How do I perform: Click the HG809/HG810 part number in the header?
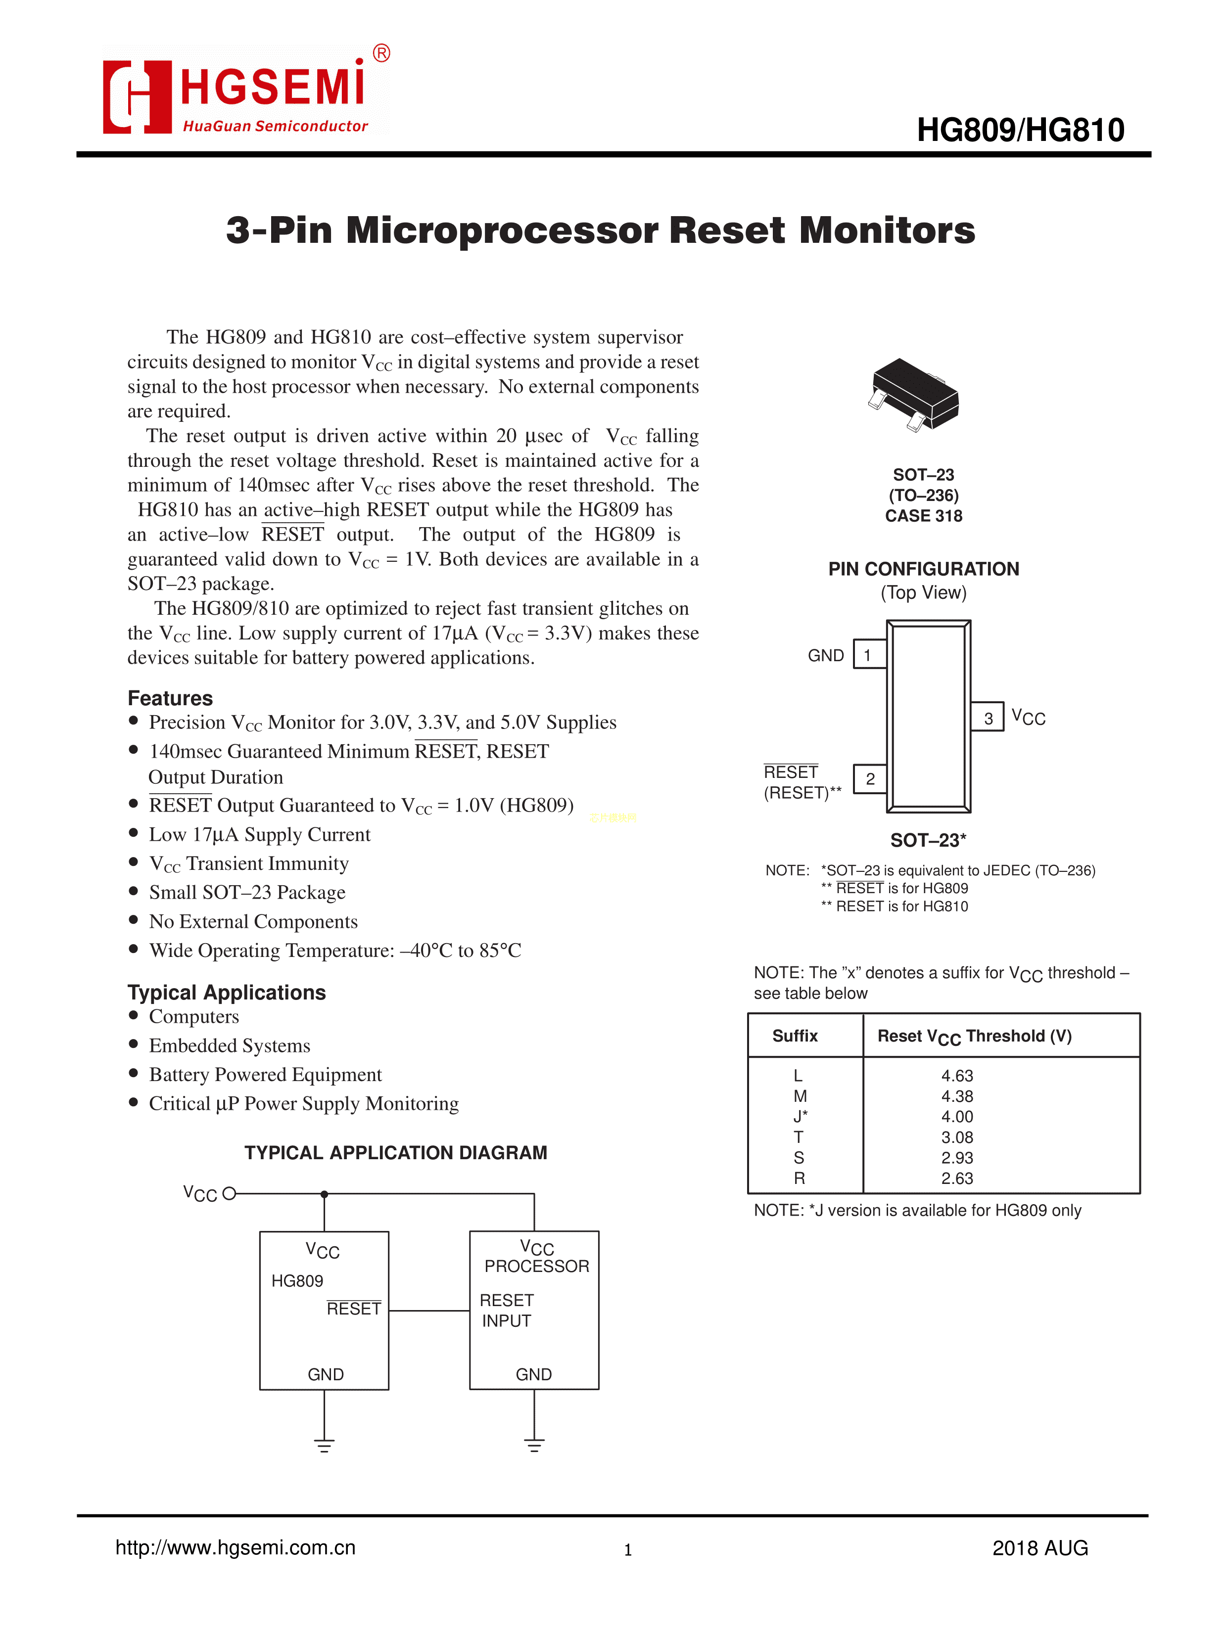[x=1020, y=131]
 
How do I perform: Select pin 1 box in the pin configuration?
[x=869, y=654]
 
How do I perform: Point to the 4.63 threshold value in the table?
[x=957, y=1076]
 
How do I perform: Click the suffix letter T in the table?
[x=798, y=1137]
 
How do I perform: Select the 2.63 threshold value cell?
[x=957, y=1179]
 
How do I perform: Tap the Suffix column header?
[x=795, y=1036]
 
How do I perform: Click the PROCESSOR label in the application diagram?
[x=537, y=1266]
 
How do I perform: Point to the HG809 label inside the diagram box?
[x=297, y=1281]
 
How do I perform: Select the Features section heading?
[x=170, y=698]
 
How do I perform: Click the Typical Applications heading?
[x=226, y=993]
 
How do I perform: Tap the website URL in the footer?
[x=235, y=1547]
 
